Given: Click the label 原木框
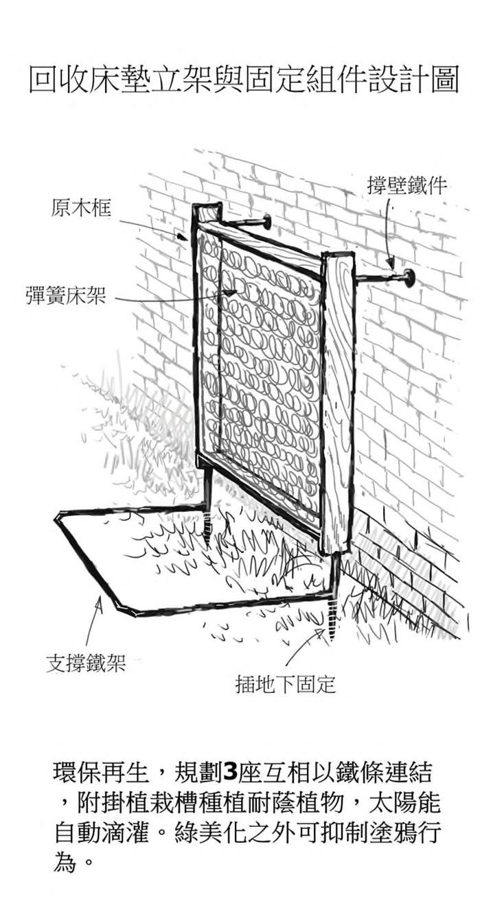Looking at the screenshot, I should click(81, 208).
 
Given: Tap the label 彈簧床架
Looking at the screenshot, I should click(67, 299).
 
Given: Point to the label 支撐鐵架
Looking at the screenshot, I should click(86, 664).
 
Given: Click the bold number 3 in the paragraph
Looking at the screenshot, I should click(230, 773).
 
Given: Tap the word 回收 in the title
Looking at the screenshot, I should click(55, 80).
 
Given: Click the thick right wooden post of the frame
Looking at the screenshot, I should click(338, 398).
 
